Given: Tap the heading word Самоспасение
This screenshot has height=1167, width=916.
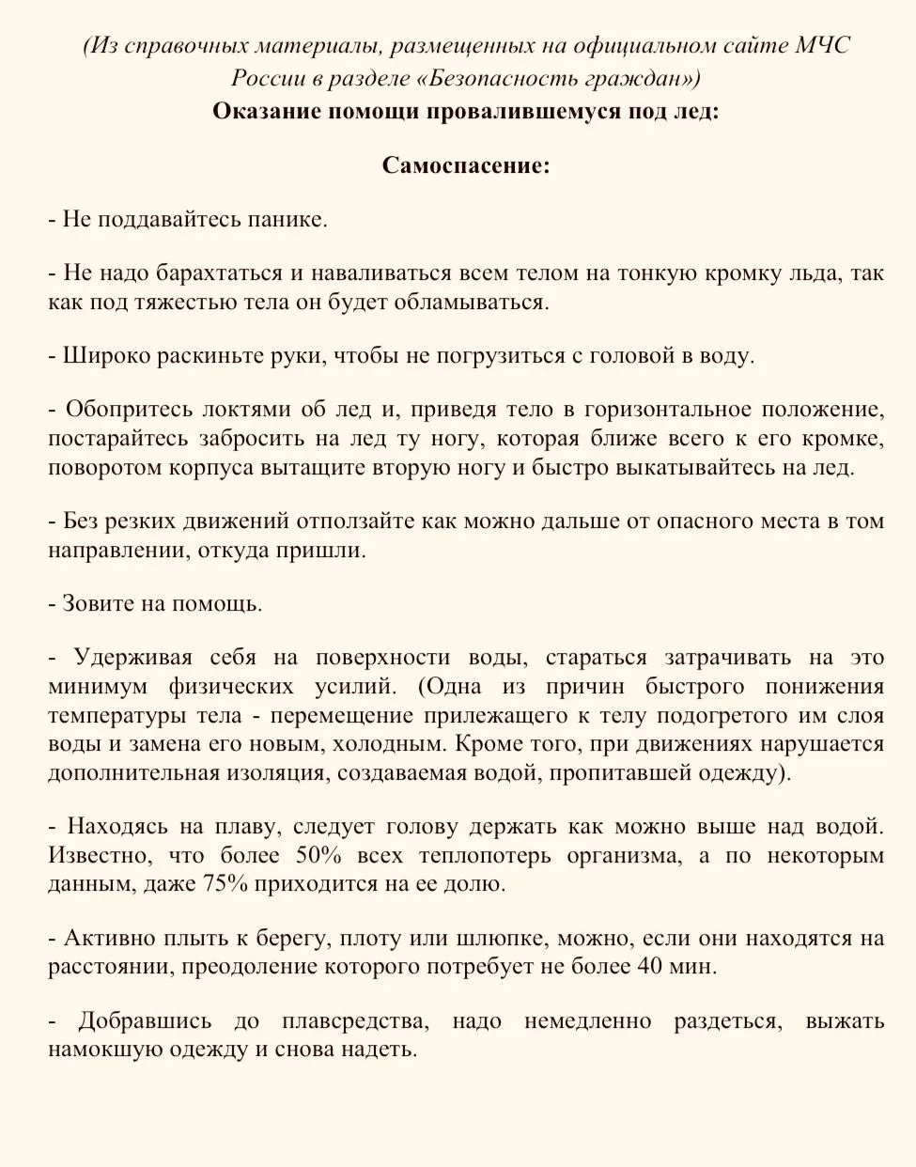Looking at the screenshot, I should pos(465,165).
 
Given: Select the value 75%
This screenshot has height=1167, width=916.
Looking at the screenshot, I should pos(225,884).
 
